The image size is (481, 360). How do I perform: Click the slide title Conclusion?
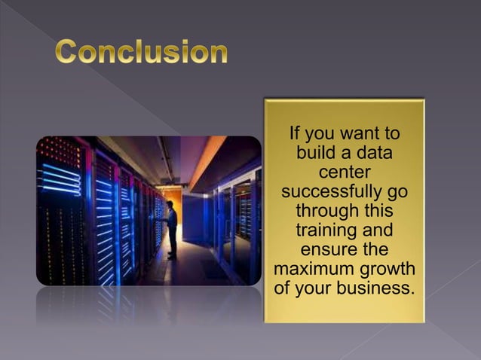click(141, 52)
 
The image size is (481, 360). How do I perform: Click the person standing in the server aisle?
click(172, 230)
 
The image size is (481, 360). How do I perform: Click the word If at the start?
click(296, 134)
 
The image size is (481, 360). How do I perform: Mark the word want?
click(358, 134)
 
